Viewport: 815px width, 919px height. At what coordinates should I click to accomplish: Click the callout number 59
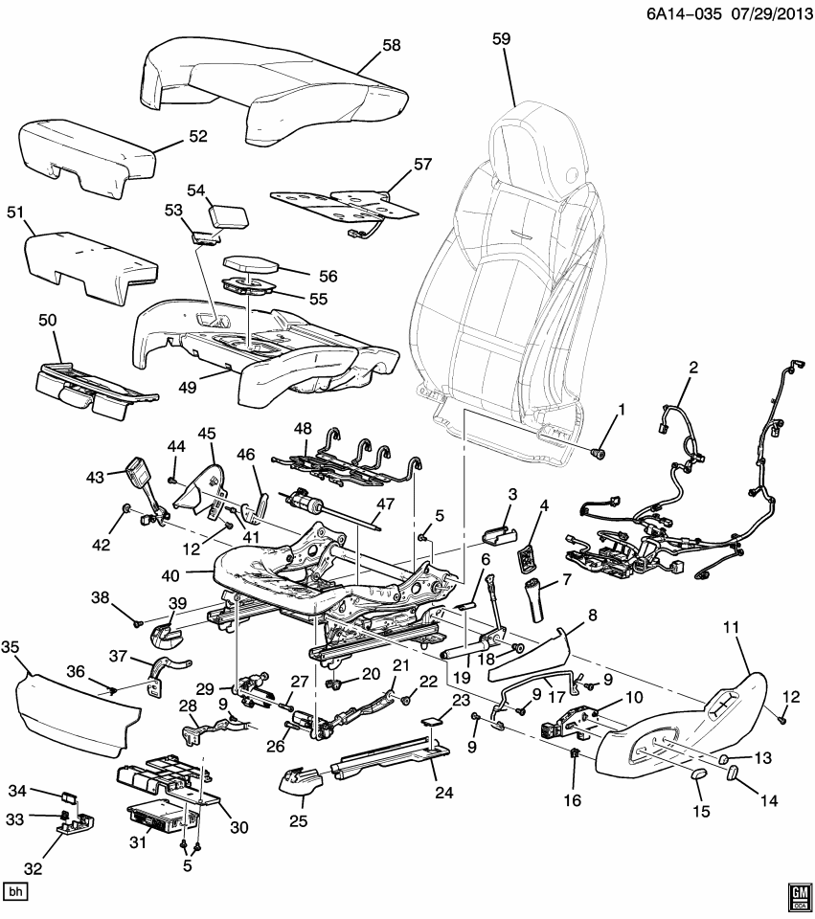click(501, 39)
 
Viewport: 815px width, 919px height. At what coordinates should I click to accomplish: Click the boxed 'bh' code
click(15, 891)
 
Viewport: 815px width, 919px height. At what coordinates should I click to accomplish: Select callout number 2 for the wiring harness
click(693, 368)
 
